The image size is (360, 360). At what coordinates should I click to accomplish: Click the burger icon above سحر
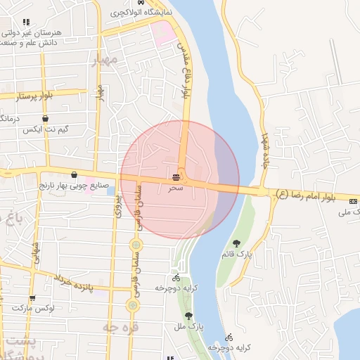[x=175, y=177]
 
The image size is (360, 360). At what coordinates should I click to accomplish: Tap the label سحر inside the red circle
[x=176, y=188]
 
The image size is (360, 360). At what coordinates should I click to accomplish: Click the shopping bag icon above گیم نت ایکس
[x=46, y=119]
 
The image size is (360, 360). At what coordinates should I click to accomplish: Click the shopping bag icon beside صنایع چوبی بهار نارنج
[x=74, y=174]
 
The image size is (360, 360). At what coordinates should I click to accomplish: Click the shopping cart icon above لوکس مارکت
[x=32, y=297]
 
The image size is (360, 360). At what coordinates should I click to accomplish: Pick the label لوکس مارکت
[x=39, y=309]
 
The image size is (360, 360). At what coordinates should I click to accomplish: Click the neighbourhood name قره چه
[x=120, y=327]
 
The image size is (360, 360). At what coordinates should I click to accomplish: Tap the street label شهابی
[x=34, y=253]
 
